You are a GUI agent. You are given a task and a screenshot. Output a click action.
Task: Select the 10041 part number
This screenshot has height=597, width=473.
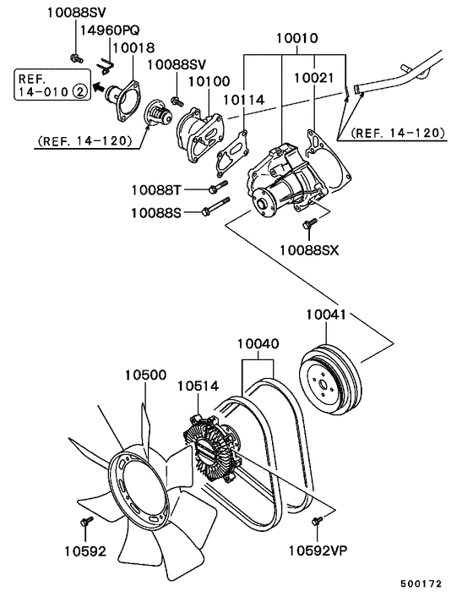326,315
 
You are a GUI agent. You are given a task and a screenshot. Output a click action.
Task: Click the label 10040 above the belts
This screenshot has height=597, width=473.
258,345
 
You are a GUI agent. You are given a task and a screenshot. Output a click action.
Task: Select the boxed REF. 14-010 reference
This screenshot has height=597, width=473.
47,85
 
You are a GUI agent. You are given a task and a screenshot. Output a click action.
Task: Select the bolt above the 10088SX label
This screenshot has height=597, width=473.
307,224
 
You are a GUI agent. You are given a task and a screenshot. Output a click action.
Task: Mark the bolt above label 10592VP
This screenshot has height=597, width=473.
318,521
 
